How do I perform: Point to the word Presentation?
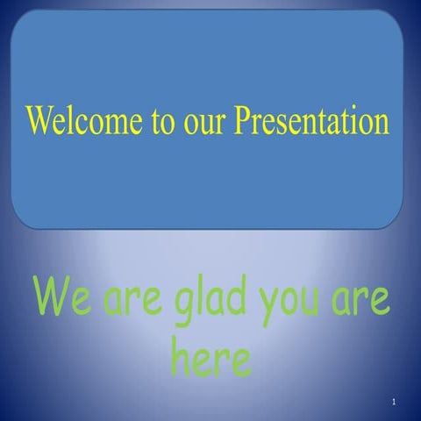tap(311, 120)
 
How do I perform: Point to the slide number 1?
tap(396, 402)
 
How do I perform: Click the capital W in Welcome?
tap(40, 119)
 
